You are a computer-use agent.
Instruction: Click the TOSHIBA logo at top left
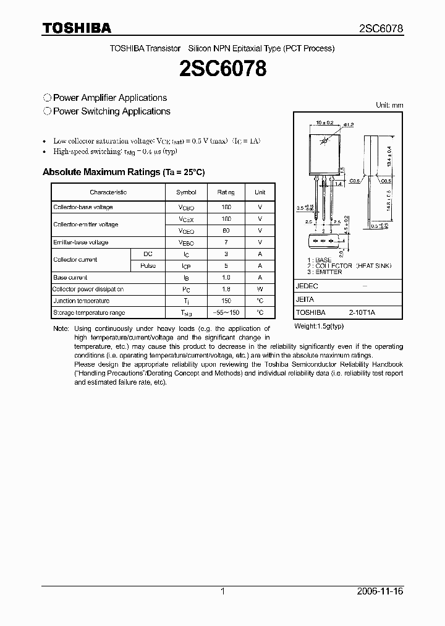pyautogui.click(x=77, y=28)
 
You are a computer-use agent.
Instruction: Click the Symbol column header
pyautogui.click(x=186, y=192)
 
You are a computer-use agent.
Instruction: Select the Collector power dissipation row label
pyautogui.click(x=88, y=289)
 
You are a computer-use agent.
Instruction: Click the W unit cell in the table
pyautogui.click(x=260, y=289)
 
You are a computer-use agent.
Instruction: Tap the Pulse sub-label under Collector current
pyautogui.click(x=148, y=265)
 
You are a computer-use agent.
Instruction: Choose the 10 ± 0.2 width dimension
pyautogui.click(x=324, y=123)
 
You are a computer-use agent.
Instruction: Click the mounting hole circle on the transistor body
pyautogui.click(x=323, y=143)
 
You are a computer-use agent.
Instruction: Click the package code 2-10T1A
pyautogui.click(x=361, y=313)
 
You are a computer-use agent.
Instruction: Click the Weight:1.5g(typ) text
pyautogui.click(x=319, y=325)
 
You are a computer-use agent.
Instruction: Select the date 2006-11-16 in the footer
pyautogui.click(x=380, y=591)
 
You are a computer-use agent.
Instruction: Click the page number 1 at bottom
pyautogui.click(x=222, y=591)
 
